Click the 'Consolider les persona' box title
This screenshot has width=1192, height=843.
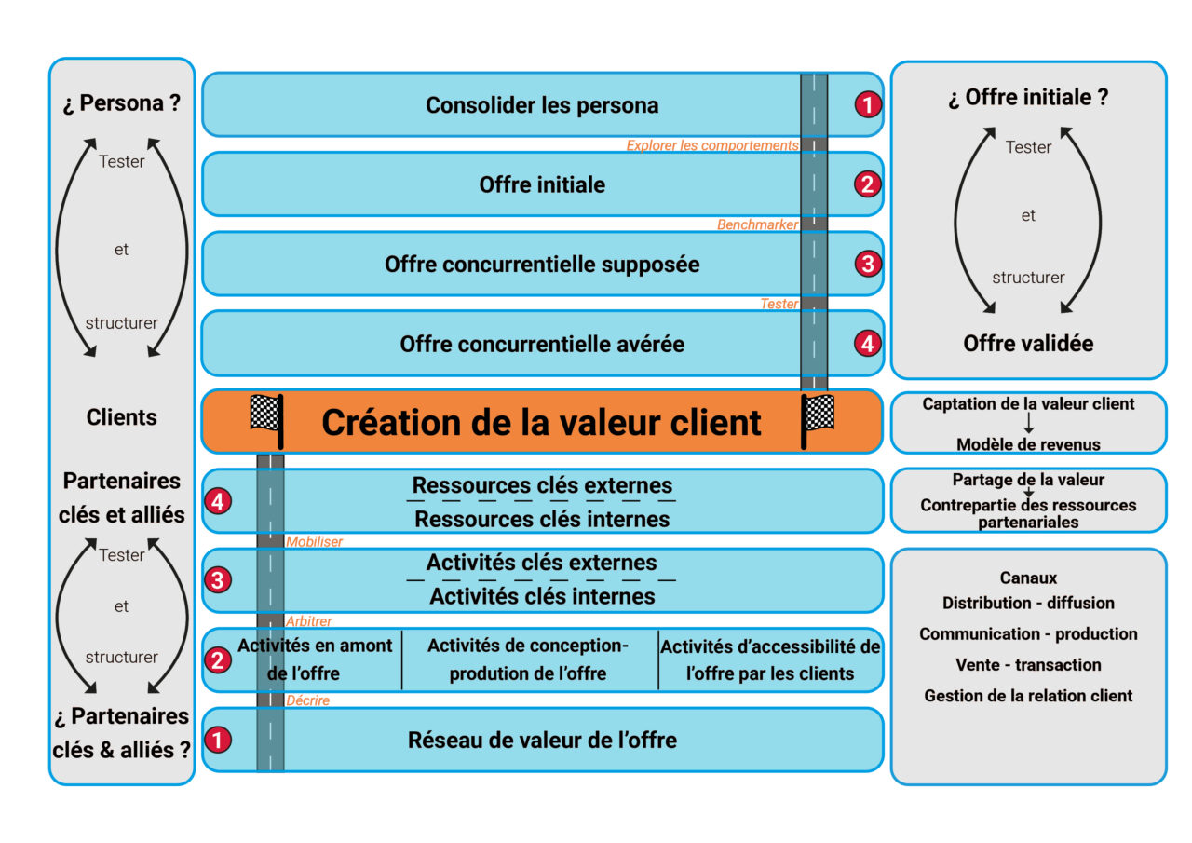[x=542, y=105]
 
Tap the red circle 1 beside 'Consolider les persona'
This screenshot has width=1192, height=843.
[x=867, y=105]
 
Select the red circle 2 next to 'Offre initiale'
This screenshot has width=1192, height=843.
[x=867, y=184]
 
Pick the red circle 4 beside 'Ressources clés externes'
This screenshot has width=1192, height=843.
[x=218, y=501]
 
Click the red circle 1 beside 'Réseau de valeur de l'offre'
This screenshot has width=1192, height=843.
[x=218, y=741]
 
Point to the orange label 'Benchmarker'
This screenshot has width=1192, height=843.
[x=758, y=224]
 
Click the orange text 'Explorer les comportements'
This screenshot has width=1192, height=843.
[x=712, y=145]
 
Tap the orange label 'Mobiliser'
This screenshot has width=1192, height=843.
[x=315, y=541]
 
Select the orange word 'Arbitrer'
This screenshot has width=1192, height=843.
[x=309, y=621]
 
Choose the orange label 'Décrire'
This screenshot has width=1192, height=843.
[x=307, y=700]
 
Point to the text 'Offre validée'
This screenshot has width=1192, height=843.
[x=1028, y=344]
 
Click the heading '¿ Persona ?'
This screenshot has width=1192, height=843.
[x=122, y=102]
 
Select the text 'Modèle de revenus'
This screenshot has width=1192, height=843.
[x=1028, y=443]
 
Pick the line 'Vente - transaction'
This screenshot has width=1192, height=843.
[x=1028, y=665]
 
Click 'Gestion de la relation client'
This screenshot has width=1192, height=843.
[x=1028, y=696]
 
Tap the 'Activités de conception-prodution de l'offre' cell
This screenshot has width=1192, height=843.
[x=528, y=659]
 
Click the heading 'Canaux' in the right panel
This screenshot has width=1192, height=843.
[x=1028, y=578]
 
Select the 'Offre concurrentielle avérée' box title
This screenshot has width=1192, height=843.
[x=542, y=344]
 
